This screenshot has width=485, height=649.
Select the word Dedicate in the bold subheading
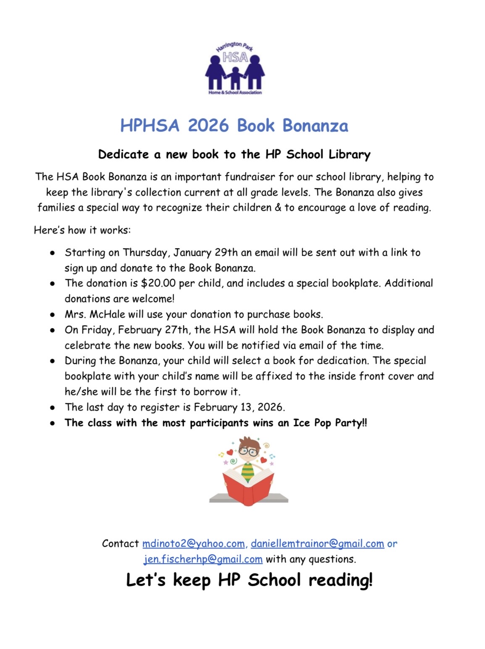[123, 154]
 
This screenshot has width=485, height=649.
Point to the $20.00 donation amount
[158, 283]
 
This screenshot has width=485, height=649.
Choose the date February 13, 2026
[239, 407]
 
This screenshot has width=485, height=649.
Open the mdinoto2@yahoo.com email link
[193, 543]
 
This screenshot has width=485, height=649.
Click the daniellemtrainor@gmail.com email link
[317, 543]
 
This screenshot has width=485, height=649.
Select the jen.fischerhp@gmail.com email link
[203, 559]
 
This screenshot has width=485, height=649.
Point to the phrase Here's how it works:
[82, 230]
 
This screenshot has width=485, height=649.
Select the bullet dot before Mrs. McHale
[53, 315]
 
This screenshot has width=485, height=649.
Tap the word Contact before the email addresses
[120, 543]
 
